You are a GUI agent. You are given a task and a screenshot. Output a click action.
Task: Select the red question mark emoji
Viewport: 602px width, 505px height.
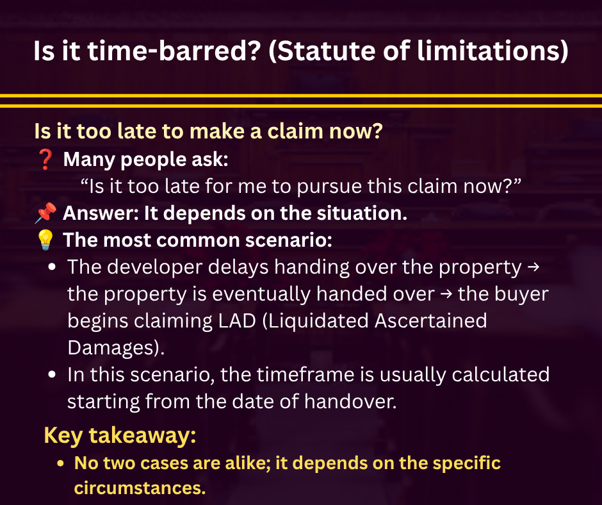pos(45,160)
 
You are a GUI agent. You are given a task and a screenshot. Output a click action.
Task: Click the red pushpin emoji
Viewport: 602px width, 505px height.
pos(45,213)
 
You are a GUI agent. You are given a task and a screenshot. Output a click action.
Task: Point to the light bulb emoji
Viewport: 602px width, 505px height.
pos(45,240)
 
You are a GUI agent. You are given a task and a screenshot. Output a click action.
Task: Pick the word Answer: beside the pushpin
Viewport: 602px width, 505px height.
pos(101,213)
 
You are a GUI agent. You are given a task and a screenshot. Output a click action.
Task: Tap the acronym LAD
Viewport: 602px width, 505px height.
pos(237,321)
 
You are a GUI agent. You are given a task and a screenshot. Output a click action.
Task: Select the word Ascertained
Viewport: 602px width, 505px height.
pos(431,321)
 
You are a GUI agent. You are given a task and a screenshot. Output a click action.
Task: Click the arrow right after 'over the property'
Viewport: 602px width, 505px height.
pos(533,267)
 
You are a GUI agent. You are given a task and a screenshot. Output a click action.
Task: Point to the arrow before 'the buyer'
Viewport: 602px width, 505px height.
pos(446,294)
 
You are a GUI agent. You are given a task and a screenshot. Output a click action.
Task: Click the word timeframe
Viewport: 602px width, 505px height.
pos(305,375)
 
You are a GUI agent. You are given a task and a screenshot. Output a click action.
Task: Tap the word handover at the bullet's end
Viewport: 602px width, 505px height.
pos(350,402)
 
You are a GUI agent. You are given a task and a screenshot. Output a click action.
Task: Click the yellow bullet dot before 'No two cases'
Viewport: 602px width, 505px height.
pos(60,463)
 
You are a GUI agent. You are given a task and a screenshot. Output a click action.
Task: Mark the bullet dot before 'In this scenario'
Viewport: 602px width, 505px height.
pos(53,375)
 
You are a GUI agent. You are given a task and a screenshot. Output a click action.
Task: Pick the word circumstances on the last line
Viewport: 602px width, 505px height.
pos(140,488)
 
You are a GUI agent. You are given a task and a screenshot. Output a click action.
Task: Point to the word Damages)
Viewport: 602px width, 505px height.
pos(116,348)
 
